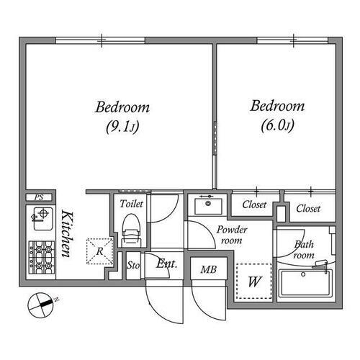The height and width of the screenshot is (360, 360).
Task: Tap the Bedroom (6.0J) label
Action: (277, 116)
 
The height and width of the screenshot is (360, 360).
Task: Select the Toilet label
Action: (132, 204)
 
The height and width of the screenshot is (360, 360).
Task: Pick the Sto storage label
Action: (132, 264)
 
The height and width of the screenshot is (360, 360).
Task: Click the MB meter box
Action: (208, 270)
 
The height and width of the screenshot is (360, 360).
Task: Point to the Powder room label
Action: (230, 235)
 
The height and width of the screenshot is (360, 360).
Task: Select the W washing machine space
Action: (253, 282)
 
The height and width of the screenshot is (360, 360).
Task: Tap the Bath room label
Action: (305, 250)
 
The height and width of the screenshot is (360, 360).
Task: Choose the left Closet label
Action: (253, 204)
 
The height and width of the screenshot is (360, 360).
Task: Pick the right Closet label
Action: (308, 209)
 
